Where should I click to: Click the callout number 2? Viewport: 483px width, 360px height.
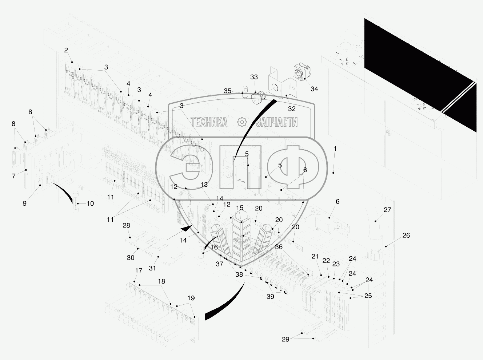coord(66,50)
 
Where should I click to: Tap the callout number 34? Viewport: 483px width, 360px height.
coord(314,89)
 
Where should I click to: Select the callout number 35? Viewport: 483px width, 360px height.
coord(227,91)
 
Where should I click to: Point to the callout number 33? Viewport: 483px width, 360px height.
coord(254,77)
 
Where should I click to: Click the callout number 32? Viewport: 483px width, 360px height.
coord(292,109)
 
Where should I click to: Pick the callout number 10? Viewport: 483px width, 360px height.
coord(90,203)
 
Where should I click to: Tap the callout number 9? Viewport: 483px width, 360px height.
coord(25,203)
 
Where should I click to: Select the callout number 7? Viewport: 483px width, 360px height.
coord(14,176)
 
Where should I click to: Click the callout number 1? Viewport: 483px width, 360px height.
coord(335,149)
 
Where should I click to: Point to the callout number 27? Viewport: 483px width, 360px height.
coord(387,210)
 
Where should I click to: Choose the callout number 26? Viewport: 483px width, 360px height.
coord(406,235)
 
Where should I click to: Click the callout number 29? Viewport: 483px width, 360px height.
coord(286,339)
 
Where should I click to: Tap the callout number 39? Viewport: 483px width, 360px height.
coord(270,296)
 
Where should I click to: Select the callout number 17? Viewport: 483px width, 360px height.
coord(139,270)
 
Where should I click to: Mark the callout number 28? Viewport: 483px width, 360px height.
coord(126,225)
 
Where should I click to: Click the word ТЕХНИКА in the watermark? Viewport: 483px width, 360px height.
coord(209,122)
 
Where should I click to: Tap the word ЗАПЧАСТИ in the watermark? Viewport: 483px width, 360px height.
coord(276,122)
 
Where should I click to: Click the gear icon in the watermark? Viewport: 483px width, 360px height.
coord(242,122)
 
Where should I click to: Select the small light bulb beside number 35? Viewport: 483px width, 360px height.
coord(245,92)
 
